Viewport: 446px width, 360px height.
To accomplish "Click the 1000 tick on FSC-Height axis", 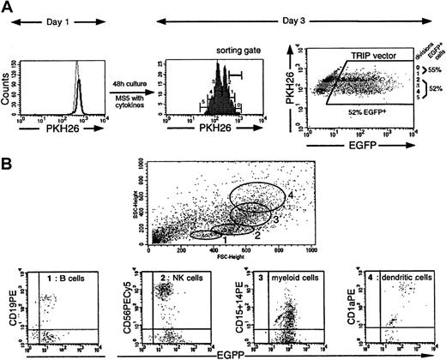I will (x=310, y=251).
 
